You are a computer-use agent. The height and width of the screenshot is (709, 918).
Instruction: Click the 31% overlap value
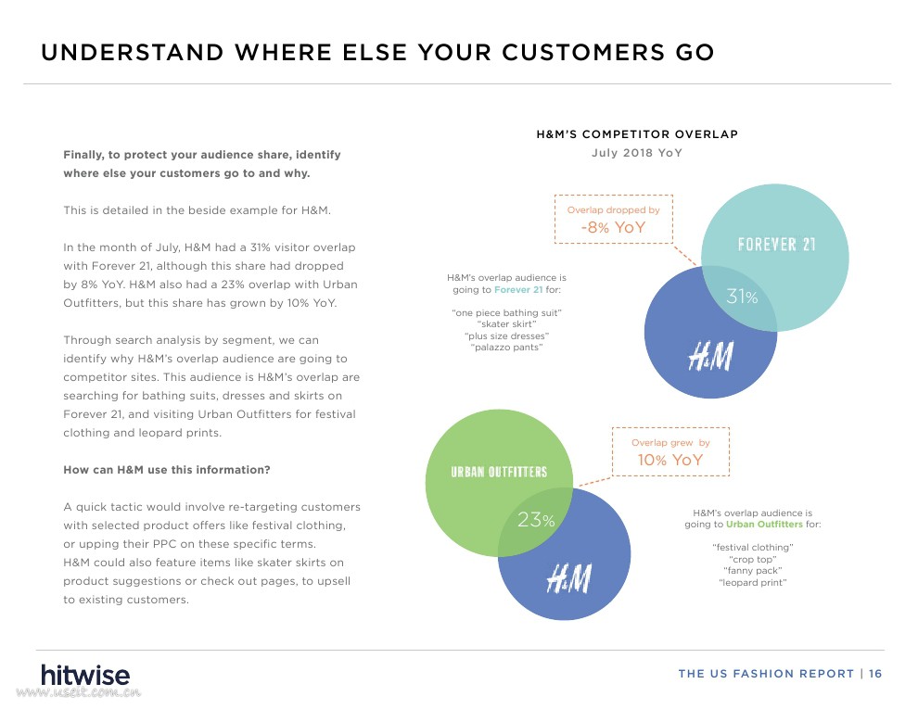click(742, 298)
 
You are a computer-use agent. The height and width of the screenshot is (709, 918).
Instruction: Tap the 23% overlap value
click(536, 519)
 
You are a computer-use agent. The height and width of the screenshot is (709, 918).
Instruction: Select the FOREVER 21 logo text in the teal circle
click(776, 245)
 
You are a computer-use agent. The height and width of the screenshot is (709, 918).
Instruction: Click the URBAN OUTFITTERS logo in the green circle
click(499, 472)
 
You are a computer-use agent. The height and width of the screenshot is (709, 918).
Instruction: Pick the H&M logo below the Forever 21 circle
click(710, 356)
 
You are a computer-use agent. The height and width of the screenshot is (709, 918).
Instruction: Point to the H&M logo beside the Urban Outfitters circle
click(568, 578)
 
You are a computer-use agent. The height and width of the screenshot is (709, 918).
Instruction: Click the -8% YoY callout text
click(613, 227)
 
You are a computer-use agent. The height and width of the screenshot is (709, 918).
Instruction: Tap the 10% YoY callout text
click(670, 460)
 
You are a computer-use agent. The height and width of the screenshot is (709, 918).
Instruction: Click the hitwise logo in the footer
click(85, 675)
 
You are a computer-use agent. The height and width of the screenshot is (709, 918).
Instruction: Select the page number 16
click(875, 674)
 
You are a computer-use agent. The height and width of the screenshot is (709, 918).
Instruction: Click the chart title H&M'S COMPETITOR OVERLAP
click(637, 134)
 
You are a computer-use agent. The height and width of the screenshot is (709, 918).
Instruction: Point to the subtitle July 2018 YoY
click(637, 153)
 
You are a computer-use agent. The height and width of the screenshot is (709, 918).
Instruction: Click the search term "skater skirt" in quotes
click(506, 324)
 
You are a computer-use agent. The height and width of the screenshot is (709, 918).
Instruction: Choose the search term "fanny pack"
click(753, 570)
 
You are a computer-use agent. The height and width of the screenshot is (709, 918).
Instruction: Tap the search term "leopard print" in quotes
click(753, 582)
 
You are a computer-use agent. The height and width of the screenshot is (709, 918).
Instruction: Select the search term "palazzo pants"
click(506, 348)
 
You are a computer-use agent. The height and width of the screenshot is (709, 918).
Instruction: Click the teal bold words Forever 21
click(518, 289)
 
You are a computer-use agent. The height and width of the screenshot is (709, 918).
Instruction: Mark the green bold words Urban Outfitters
click(765, 525)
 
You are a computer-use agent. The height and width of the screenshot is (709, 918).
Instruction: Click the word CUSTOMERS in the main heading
click(583, 53)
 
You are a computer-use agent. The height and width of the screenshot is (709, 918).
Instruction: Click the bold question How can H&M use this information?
click(167, 470)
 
